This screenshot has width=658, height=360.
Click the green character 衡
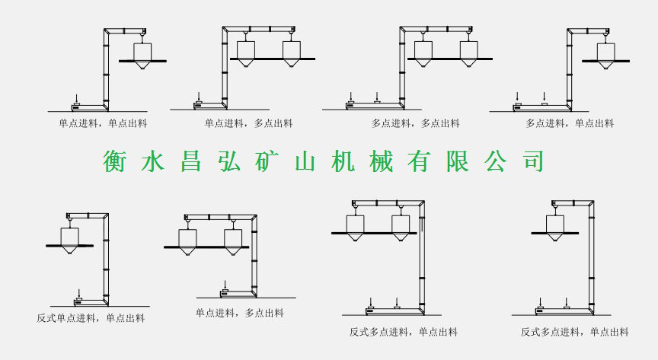(116, 161)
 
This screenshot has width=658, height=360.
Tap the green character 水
(154, 161)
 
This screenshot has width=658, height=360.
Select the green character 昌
(192, 161)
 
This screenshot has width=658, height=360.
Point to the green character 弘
(230, 161)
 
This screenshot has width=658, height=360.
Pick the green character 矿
(268, 161)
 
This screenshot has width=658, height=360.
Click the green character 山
(306, 161)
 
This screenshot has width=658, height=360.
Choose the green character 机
(344, 161)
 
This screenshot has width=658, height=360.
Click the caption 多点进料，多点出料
(415, 123)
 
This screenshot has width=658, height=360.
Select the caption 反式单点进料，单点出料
(91, 318)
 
